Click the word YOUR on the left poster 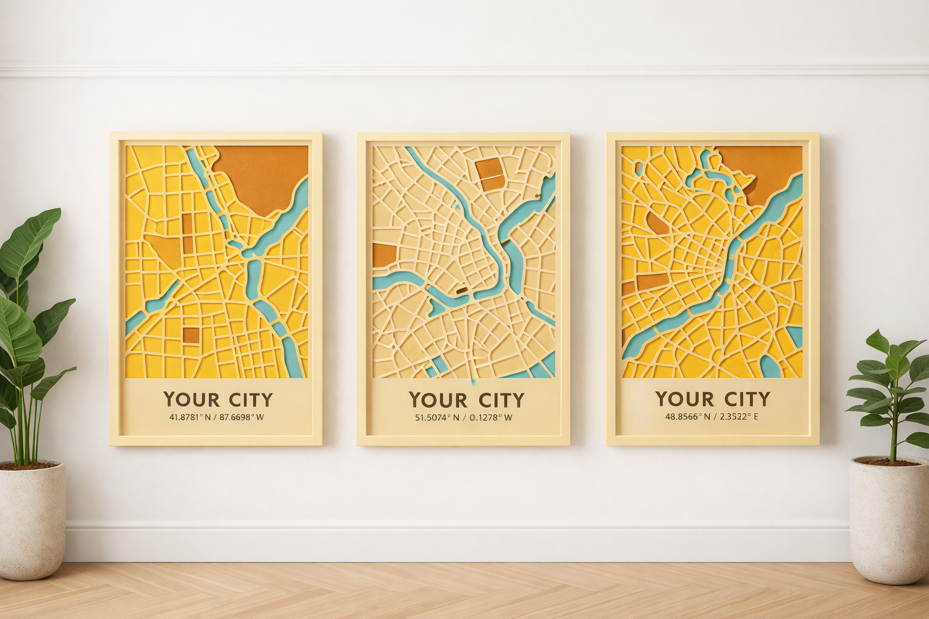(x=191, y=400)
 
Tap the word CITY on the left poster (x=250, y=400)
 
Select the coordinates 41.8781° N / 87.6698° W (x=217, y=417)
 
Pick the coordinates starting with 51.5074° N (x=464, y=418)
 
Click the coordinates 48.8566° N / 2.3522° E (x=712, y=416)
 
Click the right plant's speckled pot (x=889, y=520)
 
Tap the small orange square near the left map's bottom (x=191, y=335)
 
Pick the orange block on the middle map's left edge (x=383, y=255)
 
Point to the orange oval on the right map (x=659, y=222)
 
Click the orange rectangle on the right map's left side (x=652, y=281)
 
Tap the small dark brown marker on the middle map (x=461, y=291)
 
